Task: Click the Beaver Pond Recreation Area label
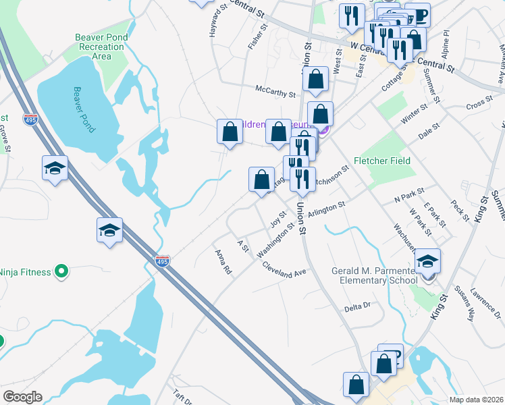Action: pyautogui.click(x=100, y=47)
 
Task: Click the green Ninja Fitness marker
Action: pyautogui.click(x=61, y=272)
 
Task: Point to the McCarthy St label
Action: pyautogui.click(x=275, y=91)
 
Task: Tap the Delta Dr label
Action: pyautogui.click(x=358, y=306)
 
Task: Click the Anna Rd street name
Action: pyautogui.click(x=223, y=261)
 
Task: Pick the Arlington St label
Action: pyautogui.click(x=326, y=209)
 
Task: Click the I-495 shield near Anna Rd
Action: pyautogui.click(x=162, y=260)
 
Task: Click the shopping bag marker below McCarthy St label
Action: pyautogui.click(x=315, y=79)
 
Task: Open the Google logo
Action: pyautogui.click(x=22, y=397)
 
